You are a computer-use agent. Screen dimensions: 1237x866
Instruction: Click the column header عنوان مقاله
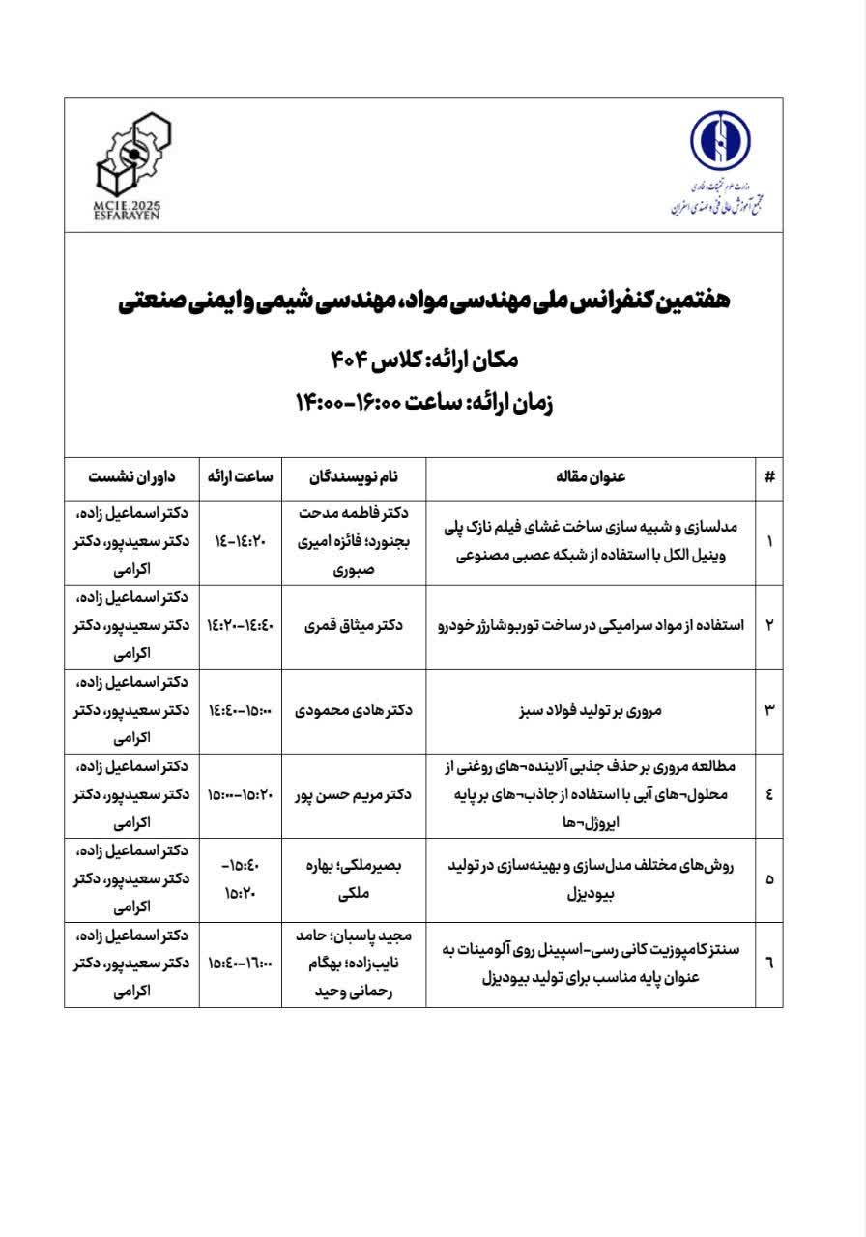click(x=591, y=476)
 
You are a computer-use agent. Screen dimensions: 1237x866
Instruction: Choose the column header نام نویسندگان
click(x=354, y=476)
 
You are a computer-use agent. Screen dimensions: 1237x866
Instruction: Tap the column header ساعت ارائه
click(x=241, y=476)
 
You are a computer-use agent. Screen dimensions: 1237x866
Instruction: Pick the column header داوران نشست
click(x=132, y=476)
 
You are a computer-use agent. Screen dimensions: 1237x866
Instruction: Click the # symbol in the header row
click(x=769, y=476)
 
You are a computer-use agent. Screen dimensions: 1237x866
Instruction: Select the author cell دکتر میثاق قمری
click(x=354, y=625)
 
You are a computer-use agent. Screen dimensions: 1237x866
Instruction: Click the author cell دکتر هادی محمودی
click(x=354, y=710)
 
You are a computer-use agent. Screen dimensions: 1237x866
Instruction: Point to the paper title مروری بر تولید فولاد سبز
click(x=591, y=710)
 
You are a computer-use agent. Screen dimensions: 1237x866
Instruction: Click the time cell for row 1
click(x=241, y=541)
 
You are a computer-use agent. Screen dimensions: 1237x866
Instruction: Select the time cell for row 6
click(x=241, y=964)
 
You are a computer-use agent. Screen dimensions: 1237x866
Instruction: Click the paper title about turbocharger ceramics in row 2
click(x=591, y=625)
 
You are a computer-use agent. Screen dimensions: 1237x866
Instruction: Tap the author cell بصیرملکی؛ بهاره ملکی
click(x=354, y=879)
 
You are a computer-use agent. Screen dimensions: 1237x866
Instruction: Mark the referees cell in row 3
click(x=132, y=710)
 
